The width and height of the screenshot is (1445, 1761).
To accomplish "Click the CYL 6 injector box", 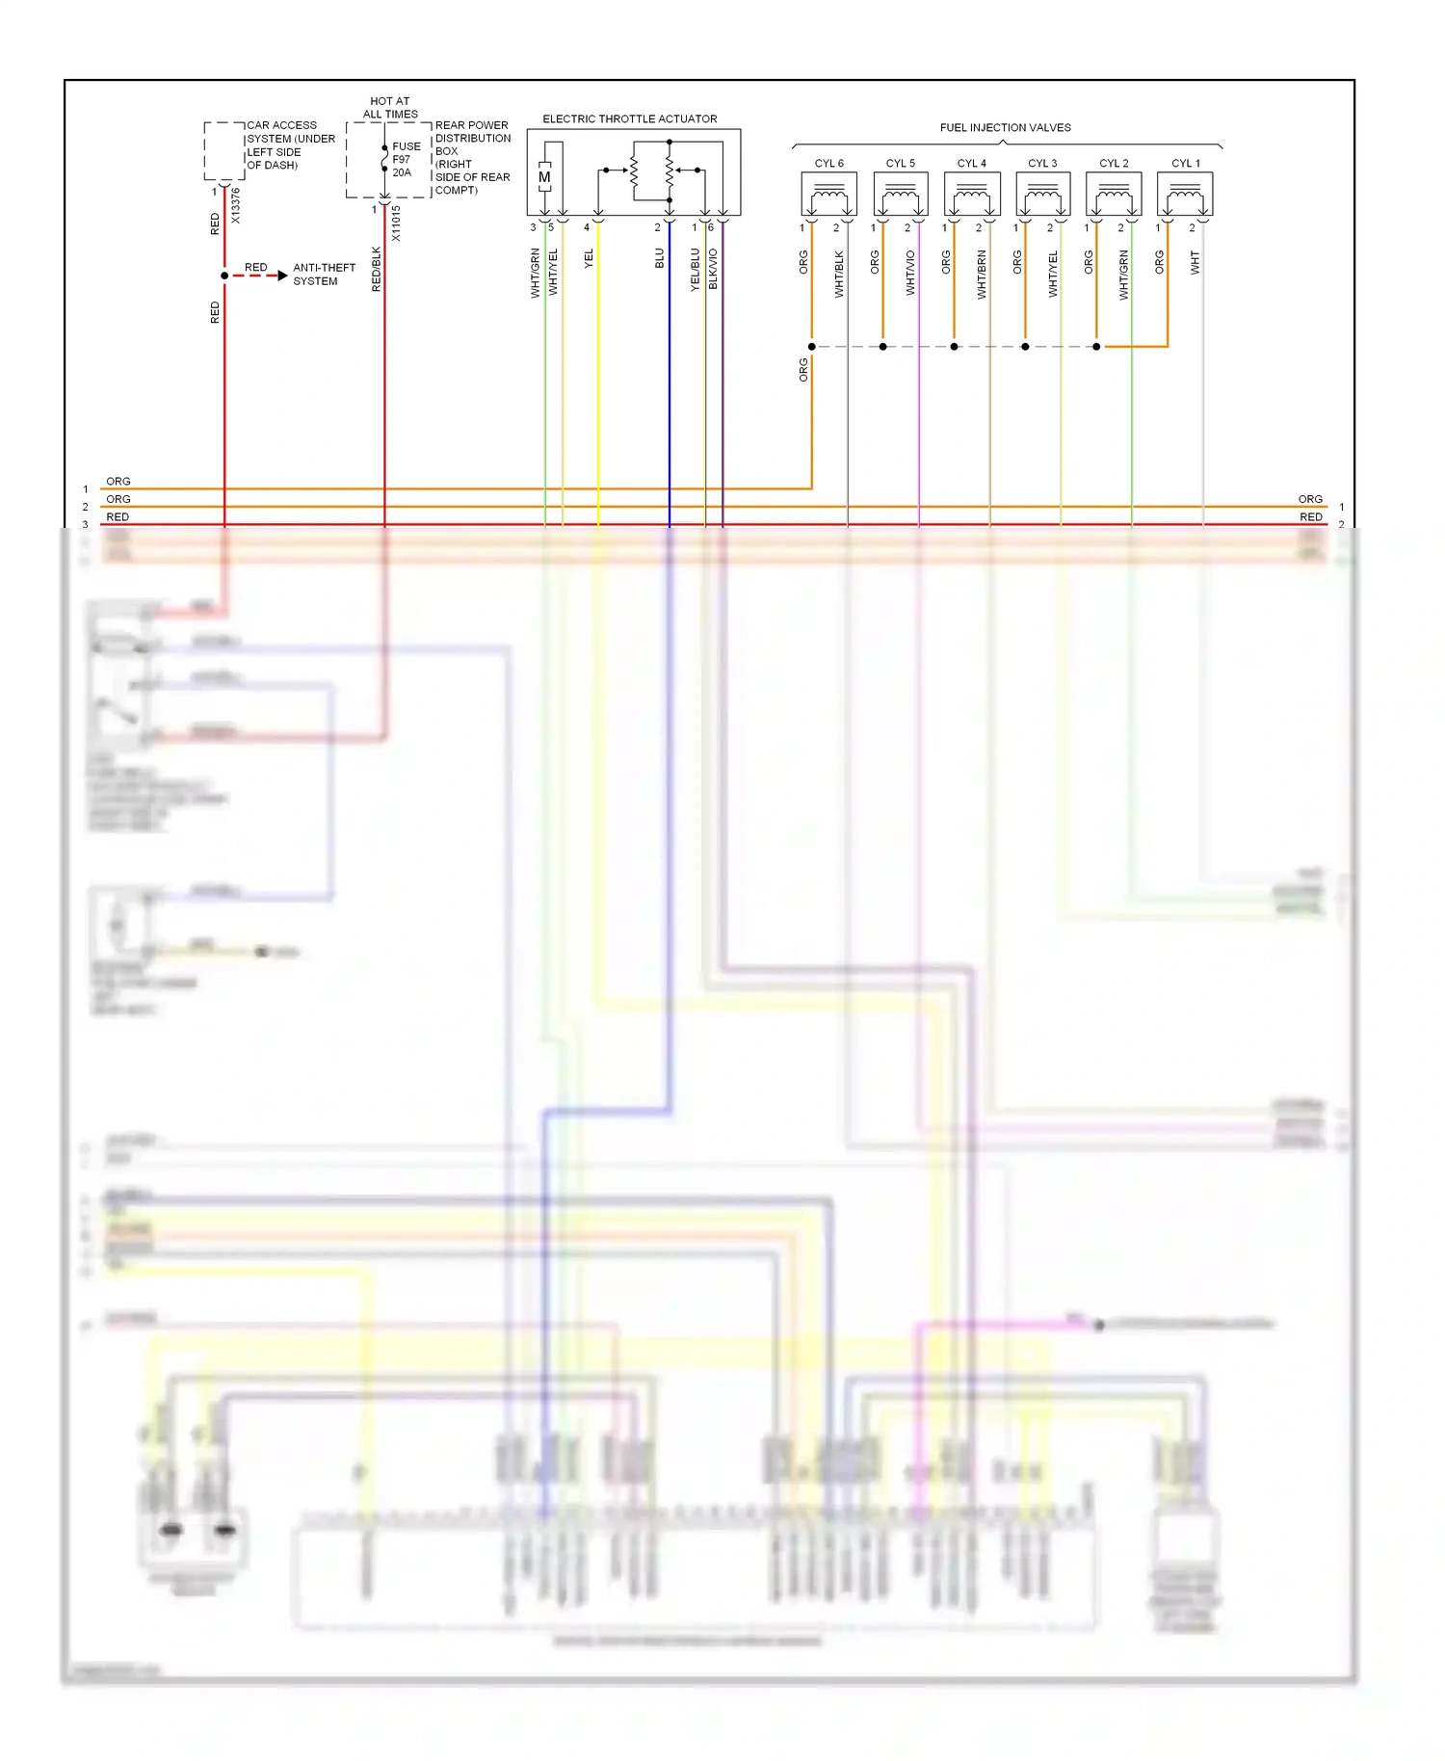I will tap(828, 195).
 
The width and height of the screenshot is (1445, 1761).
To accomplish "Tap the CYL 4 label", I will tap(971, 164).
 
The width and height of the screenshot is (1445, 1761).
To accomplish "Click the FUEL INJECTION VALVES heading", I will tap(1005, 127).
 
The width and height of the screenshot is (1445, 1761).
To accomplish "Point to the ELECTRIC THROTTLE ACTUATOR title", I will tap(629, 119).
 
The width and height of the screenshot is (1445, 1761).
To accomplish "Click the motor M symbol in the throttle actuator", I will tap(544, 177).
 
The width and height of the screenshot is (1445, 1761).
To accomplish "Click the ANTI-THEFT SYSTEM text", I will tap(324, 275).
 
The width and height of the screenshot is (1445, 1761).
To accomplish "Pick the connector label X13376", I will tap(236, 205).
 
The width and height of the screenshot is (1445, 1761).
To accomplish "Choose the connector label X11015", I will tap(396, 223).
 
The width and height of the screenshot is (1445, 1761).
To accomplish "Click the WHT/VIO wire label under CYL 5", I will tap(910, 273).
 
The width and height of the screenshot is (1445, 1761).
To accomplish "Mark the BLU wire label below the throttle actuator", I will tap(660, 258).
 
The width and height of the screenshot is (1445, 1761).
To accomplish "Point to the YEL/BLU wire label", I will tap(696, 270).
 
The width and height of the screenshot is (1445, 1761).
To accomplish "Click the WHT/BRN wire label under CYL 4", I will tap(982, 275).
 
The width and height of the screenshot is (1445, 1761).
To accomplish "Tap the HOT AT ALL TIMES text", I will tap(390, 107).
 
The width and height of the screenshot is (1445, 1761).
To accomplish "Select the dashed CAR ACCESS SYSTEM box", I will tap(223, 151).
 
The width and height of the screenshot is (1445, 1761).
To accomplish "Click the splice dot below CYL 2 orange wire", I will tap(1096, 347).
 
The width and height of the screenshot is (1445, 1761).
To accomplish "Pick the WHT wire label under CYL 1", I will tap(1195, 263).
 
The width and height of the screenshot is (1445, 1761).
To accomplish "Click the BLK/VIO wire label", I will tap(713, 269).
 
